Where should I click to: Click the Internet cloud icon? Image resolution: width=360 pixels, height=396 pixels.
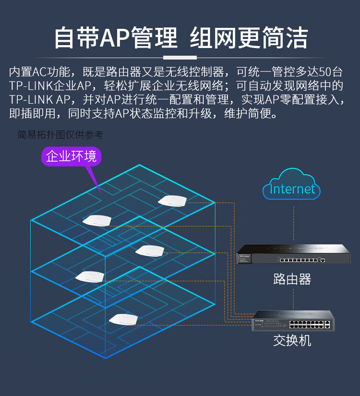(x=291, y=184)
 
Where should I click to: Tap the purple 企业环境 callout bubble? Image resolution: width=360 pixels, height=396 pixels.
(x=71, y=156)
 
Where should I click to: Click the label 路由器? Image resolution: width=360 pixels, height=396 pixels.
(x=292, y=279)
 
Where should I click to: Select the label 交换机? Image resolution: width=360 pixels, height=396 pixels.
(x=292, y=340)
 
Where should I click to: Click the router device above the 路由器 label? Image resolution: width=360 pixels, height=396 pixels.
(x=294, y=254)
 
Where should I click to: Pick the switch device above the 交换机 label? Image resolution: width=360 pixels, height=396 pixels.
(x=293, y=321)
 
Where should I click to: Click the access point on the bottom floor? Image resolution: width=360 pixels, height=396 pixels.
(x=123, y=320)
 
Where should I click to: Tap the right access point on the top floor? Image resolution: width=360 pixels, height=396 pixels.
(x=172, y=201)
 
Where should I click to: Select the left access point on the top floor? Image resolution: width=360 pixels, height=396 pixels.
(x=97, y=220)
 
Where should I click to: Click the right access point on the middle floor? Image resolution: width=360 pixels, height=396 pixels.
(x=150, y=251)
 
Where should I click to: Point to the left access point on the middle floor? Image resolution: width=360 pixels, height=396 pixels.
(x=90, y=277)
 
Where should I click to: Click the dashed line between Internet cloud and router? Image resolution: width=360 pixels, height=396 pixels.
(x=294, y=223)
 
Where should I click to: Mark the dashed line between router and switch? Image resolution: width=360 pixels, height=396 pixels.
(x=294, y=299)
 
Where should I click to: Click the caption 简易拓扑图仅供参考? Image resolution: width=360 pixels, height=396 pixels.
(x=60, y=134)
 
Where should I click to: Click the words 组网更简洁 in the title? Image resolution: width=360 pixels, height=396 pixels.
(x=249, y=38)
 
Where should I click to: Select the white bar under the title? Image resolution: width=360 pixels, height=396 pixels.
(x=180, y=58)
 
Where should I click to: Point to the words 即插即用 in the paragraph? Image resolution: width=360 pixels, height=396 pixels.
(x=32, y=113)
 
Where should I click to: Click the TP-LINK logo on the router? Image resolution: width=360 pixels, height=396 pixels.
(x=244, y=256)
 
